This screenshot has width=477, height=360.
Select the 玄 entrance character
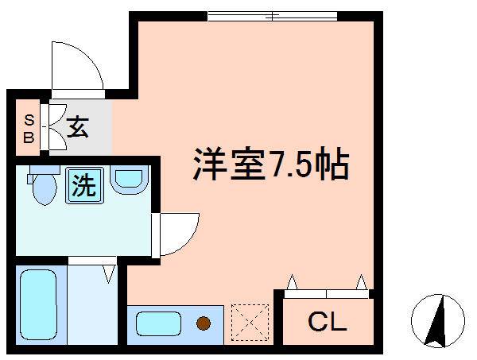tap(77, 127)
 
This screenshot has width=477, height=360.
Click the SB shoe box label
tap(29, 127)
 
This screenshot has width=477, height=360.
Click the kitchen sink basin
tap(159, 323)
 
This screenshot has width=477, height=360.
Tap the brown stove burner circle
tap(204, 323)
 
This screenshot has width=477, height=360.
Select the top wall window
tap(271, 15)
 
